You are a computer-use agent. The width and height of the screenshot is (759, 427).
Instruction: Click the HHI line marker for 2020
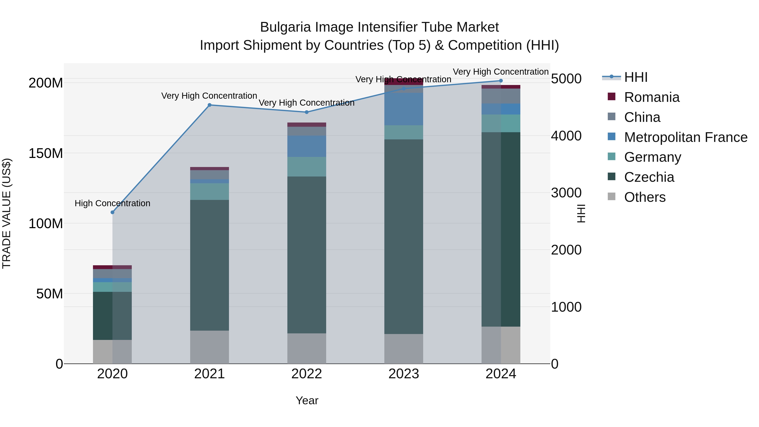(112, 212)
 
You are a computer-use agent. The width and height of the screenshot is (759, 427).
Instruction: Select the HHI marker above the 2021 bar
(210, 105)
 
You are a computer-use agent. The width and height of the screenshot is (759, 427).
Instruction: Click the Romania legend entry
(651, 97)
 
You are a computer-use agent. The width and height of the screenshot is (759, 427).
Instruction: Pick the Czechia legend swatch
(611, 177)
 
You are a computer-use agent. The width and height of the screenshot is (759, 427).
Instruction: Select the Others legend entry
(644, 197)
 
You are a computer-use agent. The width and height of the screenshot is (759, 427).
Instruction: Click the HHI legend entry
(635, 77)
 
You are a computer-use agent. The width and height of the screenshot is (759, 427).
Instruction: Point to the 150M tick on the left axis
(46, 154)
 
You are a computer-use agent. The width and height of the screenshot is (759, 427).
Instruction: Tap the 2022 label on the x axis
(306, 374)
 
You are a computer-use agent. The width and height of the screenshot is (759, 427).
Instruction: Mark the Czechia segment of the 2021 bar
(210, 265)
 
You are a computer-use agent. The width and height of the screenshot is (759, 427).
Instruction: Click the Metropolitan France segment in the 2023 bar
(404, 109)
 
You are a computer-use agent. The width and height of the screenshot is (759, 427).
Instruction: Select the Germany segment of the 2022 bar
(306, 167)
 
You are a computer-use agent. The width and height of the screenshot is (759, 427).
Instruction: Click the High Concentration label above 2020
(112, 203)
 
